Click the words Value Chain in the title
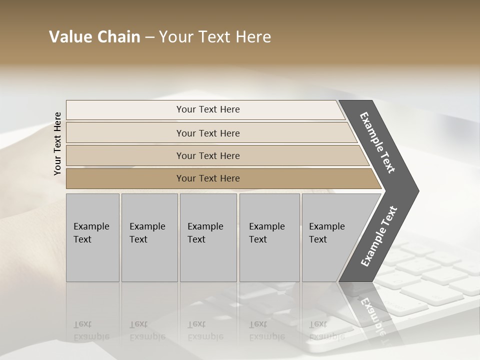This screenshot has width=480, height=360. click(x=94, y=37)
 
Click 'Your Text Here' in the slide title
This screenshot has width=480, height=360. click(x=215, y=37)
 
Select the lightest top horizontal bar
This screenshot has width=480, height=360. click(x=208, y=109)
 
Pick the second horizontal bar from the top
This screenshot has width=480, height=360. click(x=208, y=133)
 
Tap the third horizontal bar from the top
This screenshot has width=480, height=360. click(x=208, y=155)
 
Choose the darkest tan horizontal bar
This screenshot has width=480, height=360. click(x=208, y=178)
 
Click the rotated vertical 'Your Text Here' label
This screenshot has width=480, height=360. click(x=57, y=143)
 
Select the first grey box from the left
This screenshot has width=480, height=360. click(x=92, y=237)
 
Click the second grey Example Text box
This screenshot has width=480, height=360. click(x=149, y=237)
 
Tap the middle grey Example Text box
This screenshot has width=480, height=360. click(x=208, y=237)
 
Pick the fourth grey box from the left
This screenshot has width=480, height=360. click(x=269, y=237)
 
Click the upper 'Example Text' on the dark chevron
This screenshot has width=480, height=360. click(x=377, y=143)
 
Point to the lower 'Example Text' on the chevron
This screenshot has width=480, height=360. click(x=379, y=236)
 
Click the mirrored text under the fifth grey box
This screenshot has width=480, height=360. click(x=319, y=330)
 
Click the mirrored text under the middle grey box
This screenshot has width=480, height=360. click(x=205, y=330)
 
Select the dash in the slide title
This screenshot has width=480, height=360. click(x=149, y=37)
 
